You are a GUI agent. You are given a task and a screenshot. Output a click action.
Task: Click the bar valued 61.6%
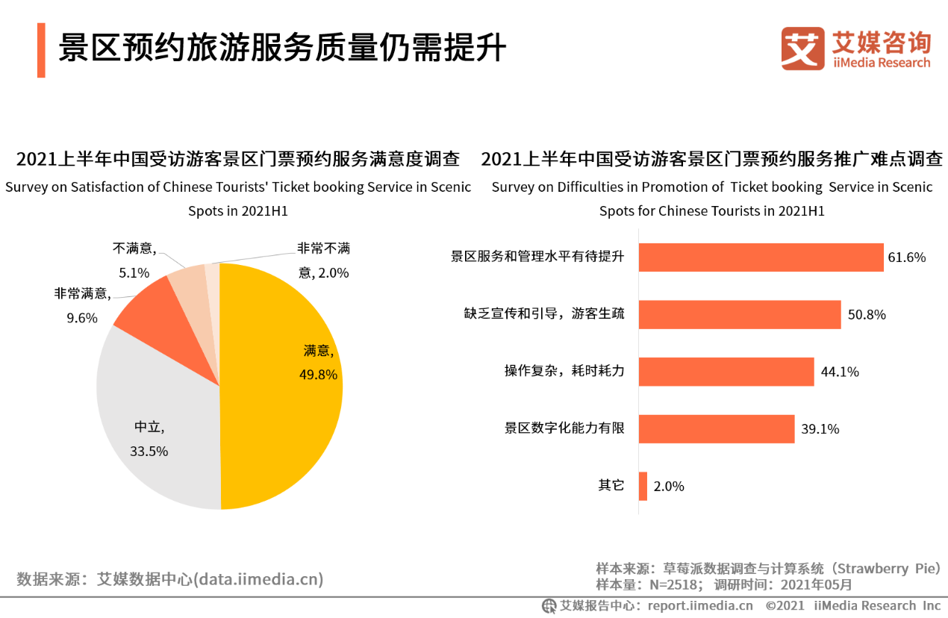click(x=761, y=257)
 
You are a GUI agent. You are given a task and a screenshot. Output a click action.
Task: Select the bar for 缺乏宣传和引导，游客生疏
click(x=740, y=314)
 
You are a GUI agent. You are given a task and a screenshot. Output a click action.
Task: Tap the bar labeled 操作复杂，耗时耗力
click(x=726, y=372)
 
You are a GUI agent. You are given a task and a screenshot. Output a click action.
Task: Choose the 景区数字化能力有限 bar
click(x=717, y=428)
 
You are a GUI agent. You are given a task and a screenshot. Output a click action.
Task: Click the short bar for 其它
click(x=643, y=486)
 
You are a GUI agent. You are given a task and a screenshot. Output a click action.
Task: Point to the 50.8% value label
click(x=867, y=314)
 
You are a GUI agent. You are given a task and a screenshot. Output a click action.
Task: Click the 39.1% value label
click(x=820, y=428)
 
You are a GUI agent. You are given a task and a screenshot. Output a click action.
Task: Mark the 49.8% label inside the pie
click(x=318, y=375)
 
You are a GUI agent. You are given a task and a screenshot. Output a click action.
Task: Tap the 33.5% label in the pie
click(x=149, y=452)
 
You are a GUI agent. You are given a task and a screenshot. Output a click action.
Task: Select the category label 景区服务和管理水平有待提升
click(x=537, y=257)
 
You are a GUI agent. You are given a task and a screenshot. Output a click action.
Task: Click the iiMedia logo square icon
click(x=803, y=49)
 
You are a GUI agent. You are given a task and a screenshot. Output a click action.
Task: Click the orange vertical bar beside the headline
click(x=41, y=50)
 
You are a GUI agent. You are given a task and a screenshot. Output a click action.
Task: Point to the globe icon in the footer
click(x=549, y=606)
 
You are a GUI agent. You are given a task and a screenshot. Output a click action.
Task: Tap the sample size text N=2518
click(x=673, y=584)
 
